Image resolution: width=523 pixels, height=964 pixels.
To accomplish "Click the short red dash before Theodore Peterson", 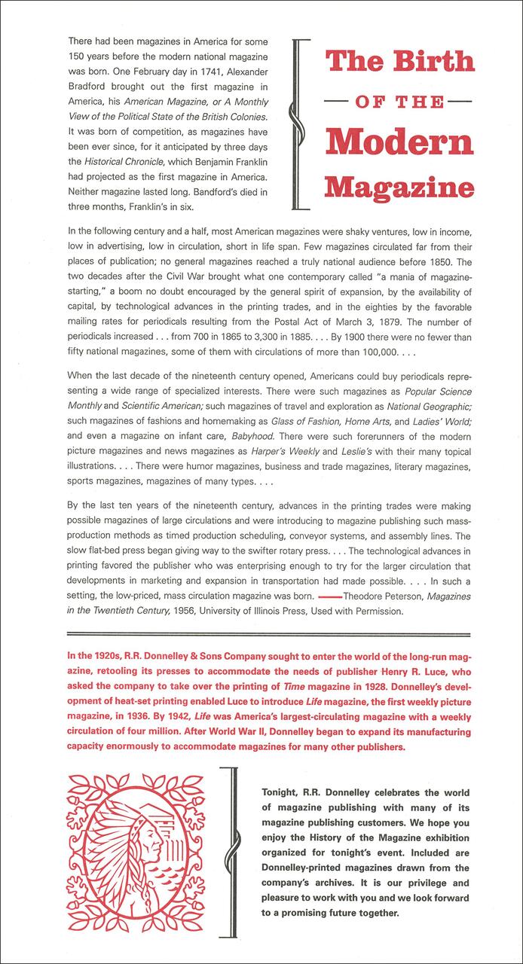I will point(326,595).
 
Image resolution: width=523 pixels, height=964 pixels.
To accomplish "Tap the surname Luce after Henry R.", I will point(432,675).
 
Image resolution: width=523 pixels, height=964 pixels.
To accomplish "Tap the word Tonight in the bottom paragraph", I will point(283,793).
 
